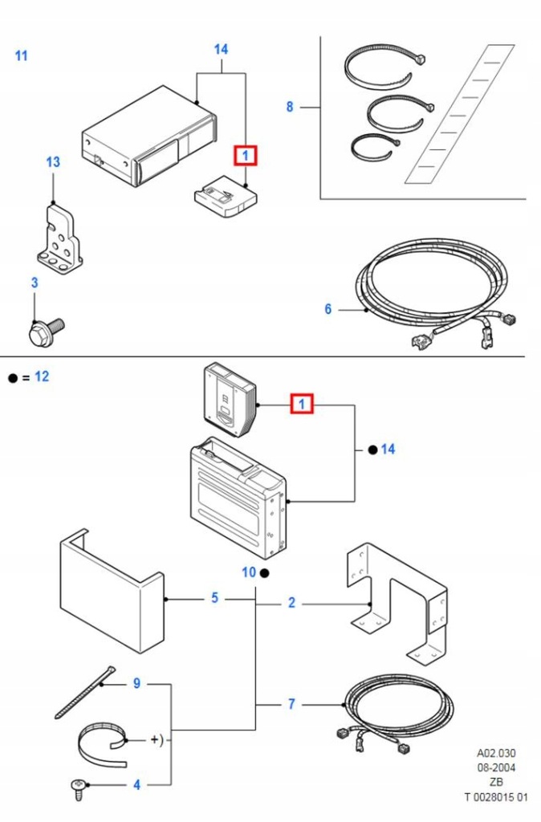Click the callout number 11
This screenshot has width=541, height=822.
[x=21, y=55]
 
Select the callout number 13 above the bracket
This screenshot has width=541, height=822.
[x=53, y=162]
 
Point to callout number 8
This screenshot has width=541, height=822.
[x=290, y=107]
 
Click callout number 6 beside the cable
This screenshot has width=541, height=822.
[x=328, y=309]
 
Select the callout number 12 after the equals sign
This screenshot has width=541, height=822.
[x=42, y=376]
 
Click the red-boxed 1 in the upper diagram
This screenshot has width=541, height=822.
[x=246, y=156]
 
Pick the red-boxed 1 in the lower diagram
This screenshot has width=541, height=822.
[x=302, y=405]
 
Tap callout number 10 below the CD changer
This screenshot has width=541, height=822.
[x=249, y=572]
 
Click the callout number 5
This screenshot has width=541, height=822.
[x=214, y=598]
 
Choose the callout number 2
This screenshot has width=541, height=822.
[x=291, y=604]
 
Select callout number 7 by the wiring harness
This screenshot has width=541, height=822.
[x=291, y=704]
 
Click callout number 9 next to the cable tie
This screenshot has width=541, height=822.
[x=136, y=684]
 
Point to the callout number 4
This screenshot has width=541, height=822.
[x=136, y=785]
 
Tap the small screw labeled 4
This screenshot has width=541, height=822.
[x=78, y=789]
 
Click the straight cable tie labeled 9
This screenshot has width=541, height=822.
[x=85, y=692]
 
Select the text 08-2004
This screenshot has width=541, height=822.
[x=496, y=768]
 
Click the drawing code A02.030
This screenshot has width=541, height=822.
[x=496, y=753]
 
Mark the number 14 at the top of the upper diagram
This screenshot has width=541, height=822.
[x=222, y=49]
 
